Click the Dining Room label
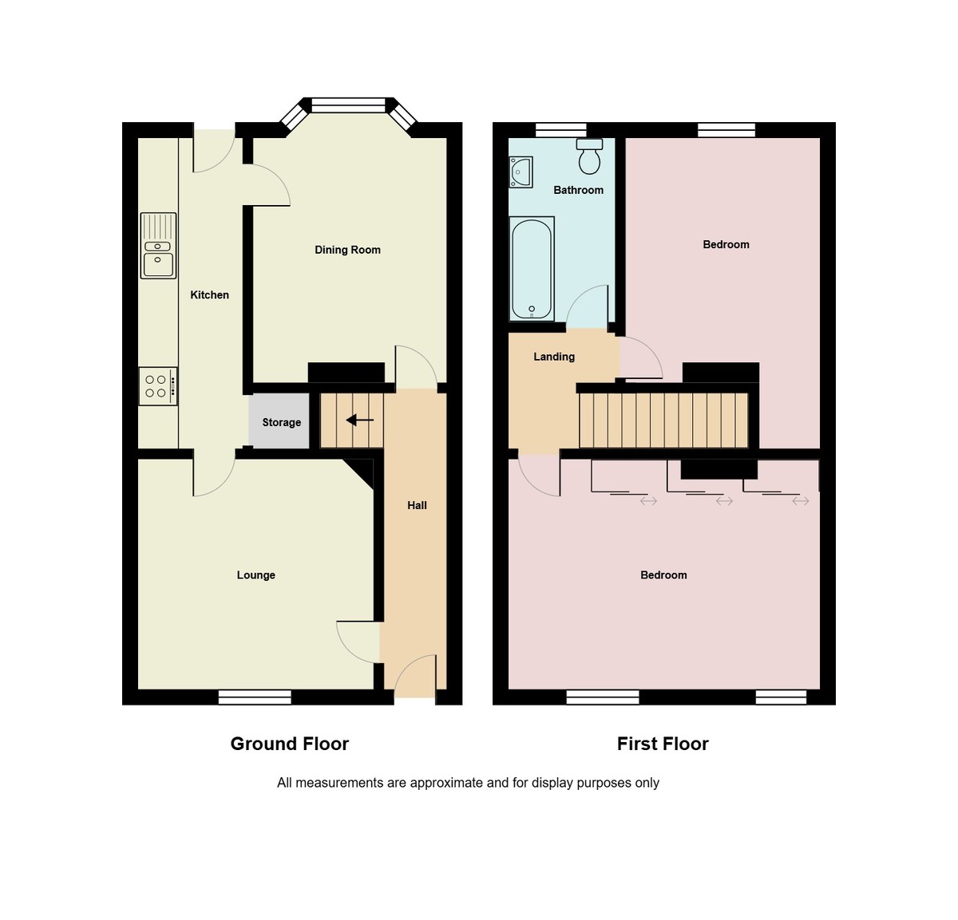click(x=347, y=250)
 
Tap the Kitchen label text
click(x=210, y=294)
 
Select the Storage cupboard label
click(x=282, y=422)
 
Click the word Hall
click(x=417, y=505)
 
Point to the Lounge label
click(x=256, y=575)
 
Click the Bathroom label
click(x=579, y=190)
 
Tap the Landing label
click(x=554, y=357)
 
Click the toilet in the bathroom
click(x=590, y=156)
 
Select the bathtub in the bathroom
click(x=532, y=269)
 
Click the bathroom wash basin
click(x=521, y=172)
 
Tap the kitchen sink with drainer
click(x=158, y=246)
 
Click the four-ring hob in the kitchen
click(x=158, y=386)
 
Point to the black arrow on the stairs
click(x=360, y=421)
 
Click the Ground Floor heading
click(x=290, y=744)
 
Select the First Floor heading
click(x=663, y=744)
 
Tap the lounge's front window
click(x=255, y=697)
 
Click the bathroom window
click(x=560, y=130)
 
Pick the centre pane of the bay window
click(x=349, y=105)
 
